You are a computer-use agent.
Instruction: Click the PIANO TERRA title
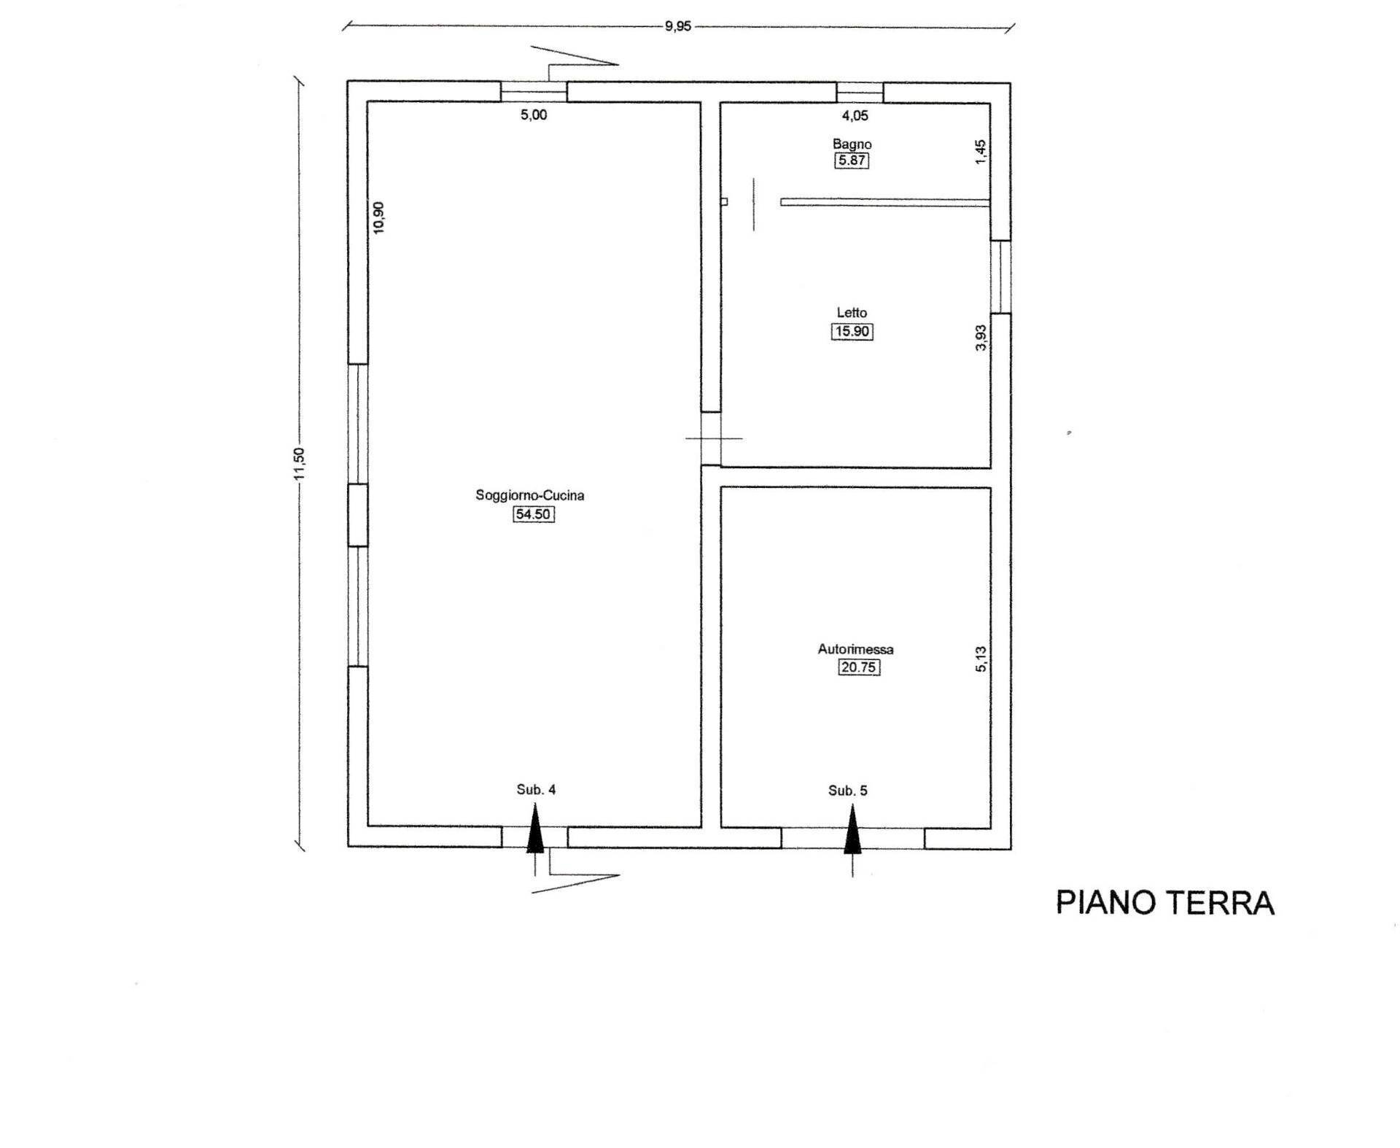(x=1164, y=903)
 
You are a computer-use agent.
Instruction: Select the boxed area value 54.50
(x=533, y=514)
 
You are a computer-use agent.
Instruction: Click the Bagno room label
(x=852, y=144)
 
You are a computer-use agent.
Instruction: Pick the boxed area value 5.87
(x=852, y=160)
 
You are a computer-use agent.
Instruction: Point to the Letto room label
(x=852, y=313)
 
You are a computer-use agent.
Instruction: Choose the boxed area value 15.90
(x=852, y=331)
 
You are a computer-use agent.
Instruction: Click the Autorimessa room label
(x=855, y=649)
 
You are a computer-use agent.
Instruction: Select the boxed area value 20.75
(x=859, y=667)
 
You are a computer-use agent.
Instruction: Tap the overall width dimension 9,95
(x=677, y=27)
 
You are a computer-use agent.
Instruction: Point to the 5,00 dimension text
(x=533, y=115)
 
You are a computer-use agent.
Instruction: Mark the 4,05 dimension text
(x=855, y=115)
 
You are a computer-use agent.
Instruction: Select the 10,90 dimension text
(x=378, y=217)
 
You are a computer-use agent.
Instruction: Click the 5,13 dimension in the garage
(x=981, y=659)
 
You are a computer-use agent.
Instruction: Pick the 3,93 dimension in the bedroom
(x=981, y=338)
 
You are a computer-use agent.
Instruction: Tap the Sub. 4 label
(x=536, y=789)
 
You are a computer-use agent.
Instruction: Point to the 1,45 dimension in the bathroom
(x=981, y=152)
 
